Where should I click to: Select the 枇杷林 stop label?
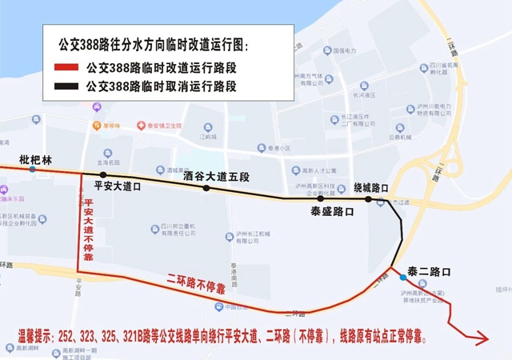click(x=35, y=159)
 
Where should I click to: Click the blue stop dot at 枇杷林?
click(x=32, y=170)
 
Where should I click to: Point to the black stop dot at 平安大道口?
click(x=103, y=174)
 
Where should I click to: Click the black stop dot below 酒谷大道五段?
click(x=206, y=189)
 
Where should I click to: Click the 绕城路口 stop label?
click(x=371, y=188)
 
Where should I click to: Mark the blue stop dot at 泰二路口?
click(x=402, y=277)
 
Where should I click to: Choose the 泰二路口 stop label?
click(x=429, y=271)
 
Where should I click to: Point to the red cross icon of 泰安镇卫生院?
click(x=141, y=126)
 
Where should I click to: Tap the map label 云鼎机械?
click(x=401, y=137)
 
